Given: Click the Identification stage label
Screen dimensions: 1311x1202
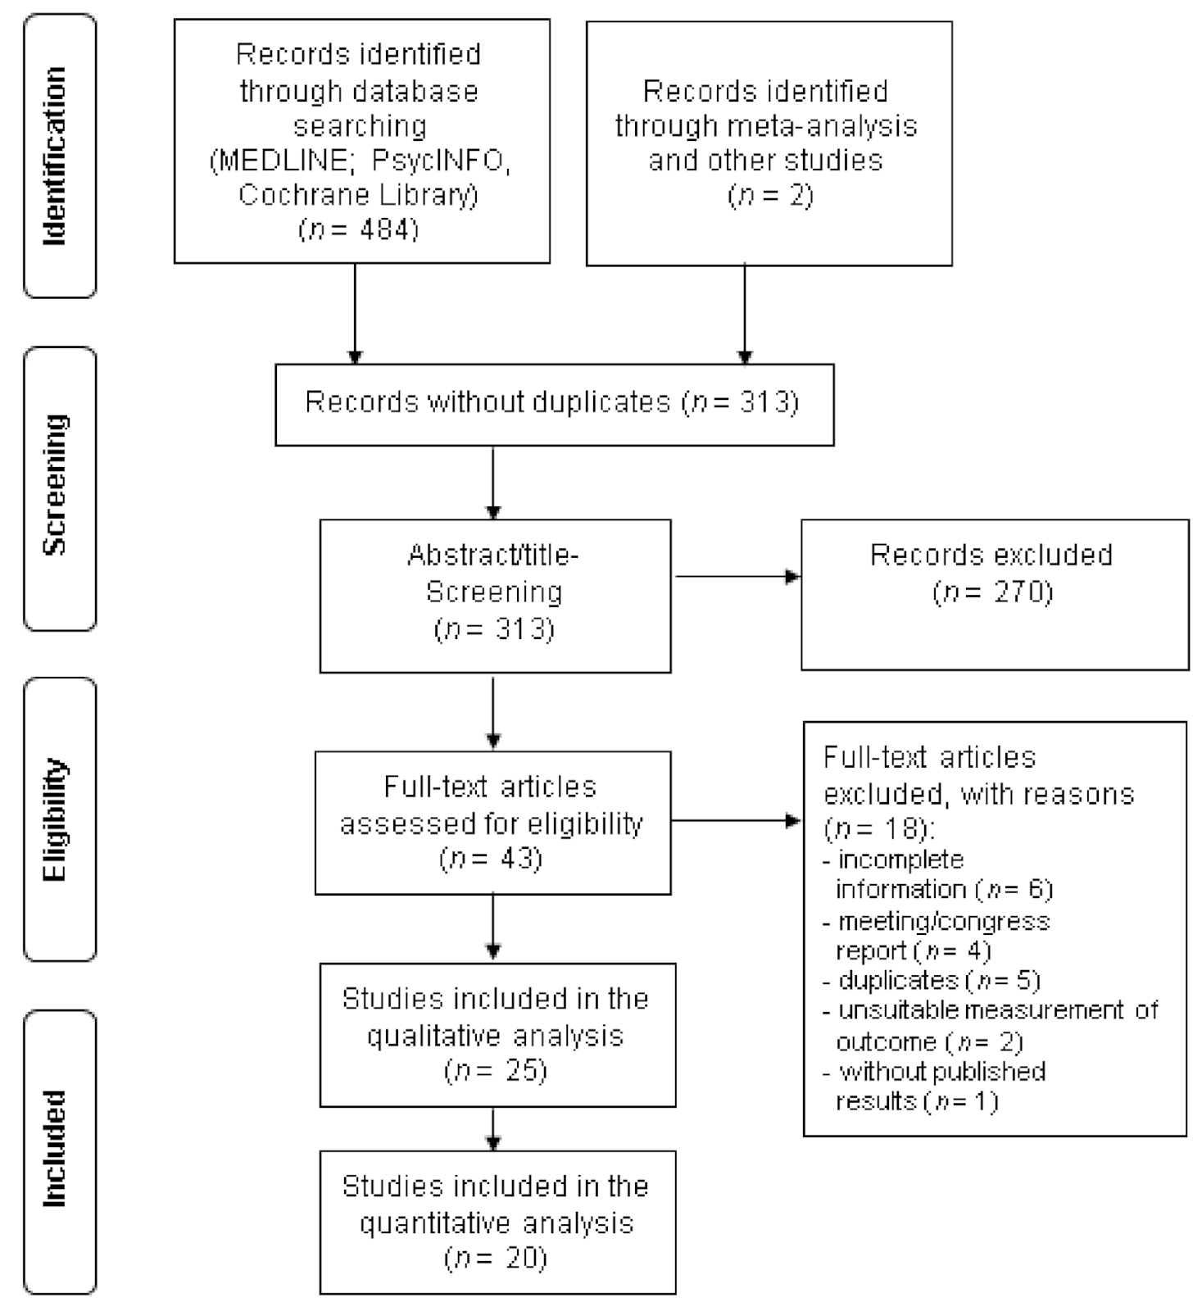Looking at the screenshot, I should [x=55, y=156].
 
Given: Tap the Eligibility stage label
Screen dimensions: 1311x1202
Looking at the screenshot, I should [x=55, y=819].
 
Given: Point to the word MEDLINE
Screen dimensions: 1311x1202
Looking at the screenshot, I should [x=280, y=161].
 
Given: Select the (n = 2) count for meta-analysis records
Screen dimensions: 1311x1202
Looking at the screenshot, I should [x=769, y=196].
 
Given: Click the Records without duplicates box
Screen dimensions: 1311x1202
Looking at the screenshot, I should [x=553, y=403].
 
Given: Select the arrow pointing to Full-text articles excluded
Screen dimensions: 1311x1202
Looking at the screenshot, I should [x=736, y=820].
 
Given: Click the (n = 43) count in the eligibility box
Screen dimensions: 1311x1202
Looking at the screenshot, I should [x=492, y=859].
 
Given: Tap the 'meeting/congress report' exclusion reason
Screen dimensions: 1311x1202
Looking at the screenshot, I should [x=942, y=936].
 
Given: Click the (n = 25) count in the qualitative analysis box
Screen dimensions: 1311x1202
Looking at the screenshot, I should [x=497, y=1071].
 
